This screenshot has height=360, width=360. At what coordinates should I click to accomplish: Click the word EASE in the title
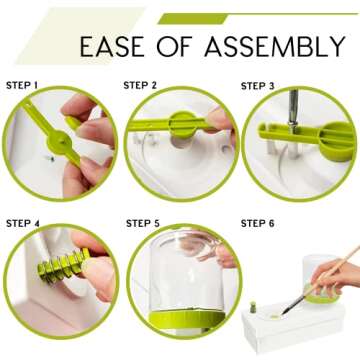tap(112, 46)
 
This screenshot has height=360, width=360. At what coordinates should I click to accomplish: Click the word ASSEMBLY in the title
tap(275, 46)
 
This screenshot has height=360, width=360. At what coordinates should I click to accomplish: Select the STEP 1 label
tap(22, 85)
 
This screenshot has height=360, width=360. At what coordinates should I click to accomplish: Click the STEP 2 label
tap(140, 85)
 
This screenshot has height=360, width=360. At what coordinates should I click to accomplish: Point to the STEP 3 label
tap(258, 86)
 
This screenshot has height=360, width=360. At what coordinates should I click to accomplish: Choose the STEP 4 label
tap(23, 223)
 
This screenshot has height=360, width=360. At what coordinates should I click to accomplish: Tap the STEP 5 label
tap(143, 223)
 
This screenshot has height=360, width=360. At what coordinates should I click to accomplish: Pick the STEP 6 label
tap(258, 223)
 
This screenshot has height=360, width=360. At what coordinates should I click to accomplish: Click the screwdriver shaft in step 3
tap(293, 108)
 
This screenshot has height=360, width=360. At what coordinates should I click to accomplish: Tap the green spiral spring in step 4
tap(63, 266)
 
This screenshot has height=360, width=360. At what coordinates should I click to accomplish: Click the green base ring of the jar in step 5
tap(187, 318)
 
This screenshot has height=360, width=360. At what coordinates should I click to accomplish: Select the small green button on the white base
tap(253, 307)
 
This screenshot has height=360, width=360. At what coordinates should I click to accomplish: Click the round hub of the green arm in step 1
tap(59, 142)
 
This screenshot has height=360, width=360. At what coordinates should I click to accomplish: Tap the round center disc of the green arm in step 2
tap(182, 125)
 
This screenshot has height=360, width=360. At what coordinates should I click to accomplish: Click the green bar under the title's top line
tap(193, 18)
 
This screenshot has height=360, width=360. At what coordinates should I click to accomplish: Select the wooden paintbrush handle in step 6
tap(333, 270)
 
